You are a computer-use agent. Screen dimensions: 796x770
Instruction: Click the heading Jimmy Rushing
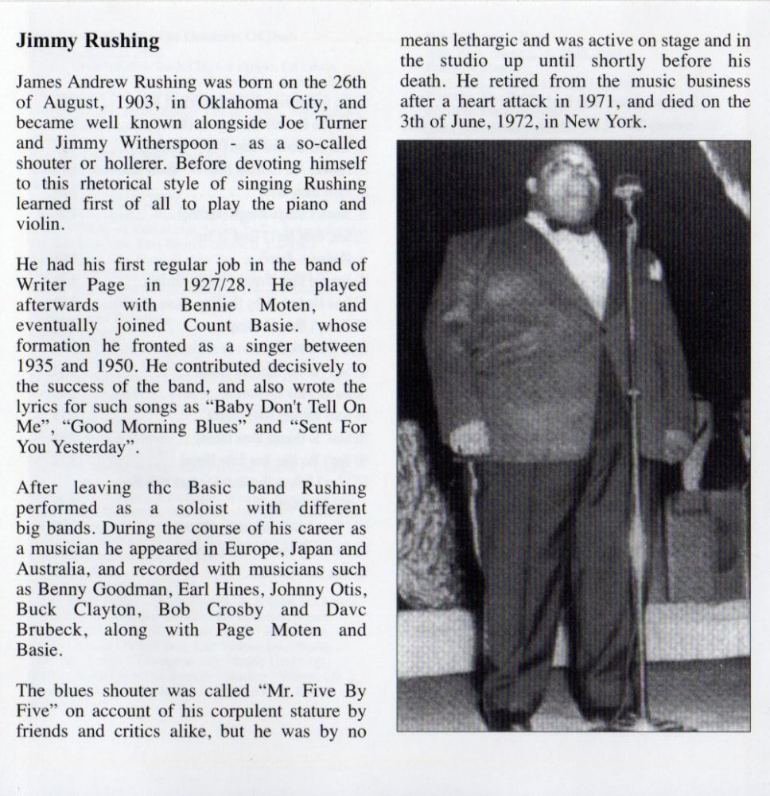87,41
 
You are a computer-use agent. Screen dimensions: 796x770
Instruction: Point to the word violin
37,224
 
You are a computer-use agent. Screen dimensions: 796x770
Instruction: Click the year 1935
37,367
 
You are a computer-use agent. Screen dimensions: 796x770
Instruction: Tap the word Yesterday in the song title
84,448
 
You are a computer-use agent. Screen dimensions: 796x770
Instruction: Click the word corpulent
225,711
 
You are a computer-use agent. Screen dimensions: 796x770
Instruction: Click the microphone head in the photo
628,186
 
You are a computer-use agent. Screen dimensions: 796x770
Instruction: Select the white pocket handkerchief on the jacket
655,268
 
